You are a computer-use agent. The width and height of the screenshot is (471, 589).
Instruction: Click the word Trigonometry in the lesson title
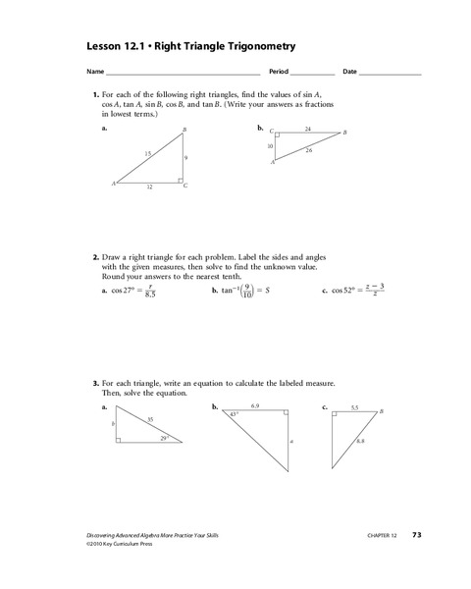point(257,46)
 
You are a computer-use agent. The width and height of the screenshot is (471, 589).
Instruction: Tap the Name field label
point(94,73)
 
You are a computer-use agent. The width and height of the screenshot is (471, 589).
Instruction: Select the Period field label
point(279,73)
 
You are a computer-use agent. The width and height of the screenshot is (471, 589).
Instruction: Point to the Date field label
point(350,73)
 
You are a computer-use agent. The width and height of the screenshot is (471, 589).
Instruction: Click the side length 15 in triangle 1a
point(147,154)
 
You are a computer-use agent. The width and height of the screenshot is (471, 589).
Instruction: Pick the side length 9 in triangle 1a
point(185,157)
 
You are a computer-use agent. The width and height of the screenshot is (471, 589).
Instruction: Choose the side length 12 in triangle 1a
point(149,187)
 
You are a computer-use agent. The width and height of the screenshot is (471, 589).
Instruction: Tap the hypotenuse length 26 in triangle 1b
point(310,150)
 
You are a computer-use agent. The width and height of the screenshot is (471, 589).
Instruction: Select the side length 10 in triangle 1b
point(270,145)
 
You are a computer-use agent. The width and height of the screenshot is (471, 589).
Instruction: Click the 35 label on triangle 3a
point(150,419)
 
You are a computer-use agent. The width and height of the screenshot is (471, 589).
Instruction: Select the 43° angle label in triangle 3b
point(233,415)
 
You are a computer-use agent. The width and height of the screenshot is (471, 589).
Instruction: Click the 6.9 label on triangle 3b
point(255,405)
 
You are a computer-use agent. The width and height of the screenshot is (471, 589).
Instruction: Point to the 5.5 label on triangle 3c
point(354,405)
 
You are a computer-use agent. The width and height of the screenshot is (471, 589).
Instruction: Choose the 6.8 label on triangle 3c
point(361,441)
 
